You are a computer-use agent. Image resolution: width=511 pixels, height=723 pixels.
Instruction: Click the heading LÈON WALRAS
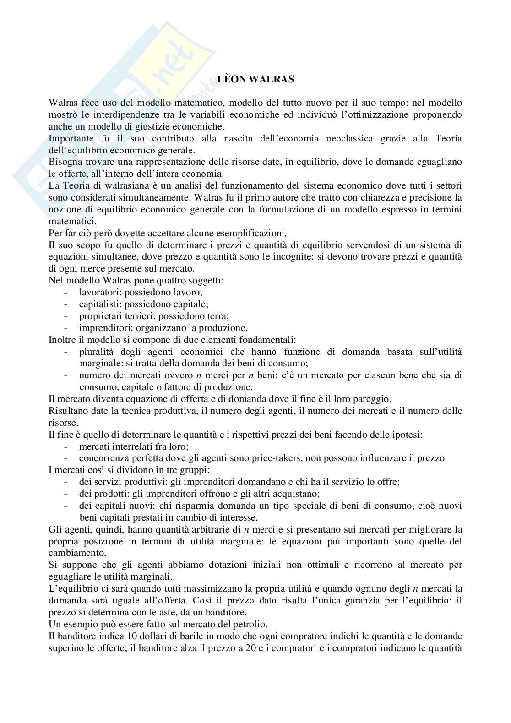[255, 79]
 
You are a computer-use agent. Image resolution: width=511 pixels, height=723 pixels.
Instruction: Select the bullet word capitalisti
[99, 304]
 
